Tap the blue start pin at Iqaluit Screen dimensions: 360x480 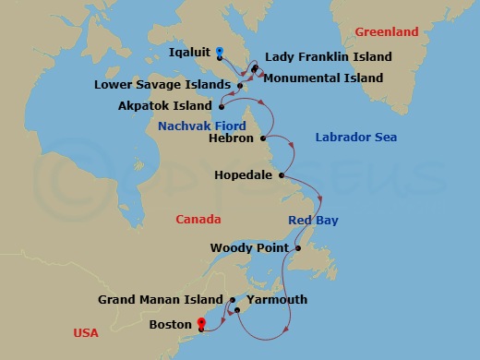point(219,52)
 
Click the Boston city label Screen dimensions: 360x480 point(171,325)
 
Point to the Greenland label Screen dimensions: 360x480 point(388,32)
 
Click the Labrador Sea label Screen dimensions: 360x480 point(355,138)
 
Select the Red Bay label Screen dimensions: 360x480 point(313,221)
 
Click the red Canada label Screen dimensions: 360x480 point(198,220)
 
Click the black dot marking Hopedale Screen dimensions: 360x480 point(281,174)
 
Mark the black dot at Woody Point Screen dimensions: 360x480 point(298,248)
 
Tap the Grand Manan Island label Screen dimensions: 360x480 point(162,300)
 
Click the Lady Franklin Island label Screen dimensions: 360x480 point(328,57)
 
